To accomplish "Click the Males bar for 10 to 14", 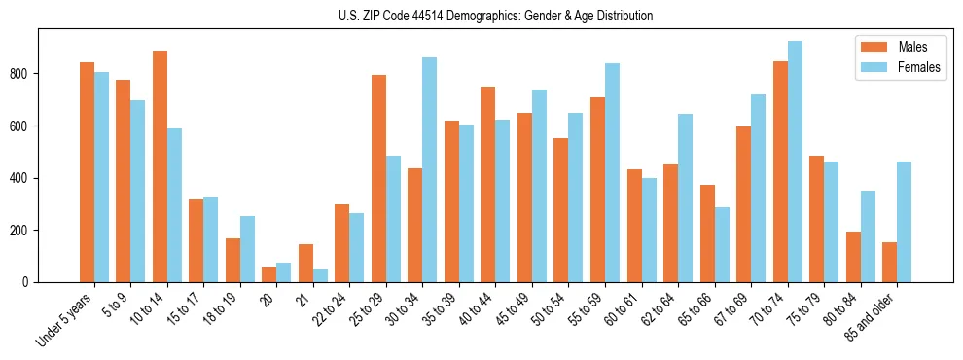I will pyautogui.click(x=160, y=166).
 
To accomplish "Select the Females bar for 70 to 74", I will pyautogui.click(x=795, y=162).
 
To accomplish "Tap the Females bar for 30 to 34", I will pyautogui.click(x=430, y=170).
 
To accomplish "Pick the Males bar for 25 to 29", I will pyautogui.click(x=378, y=178).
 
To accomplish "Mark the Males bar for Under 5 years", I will pyautogui.click(x=87, y=172).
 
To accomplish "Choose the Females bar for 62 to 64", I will pyautogui.click(x=686, y=198).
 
